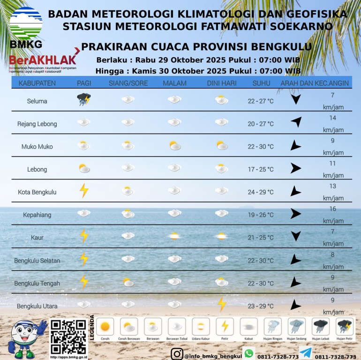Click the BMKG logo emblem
coord(26,23)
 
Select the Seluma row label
coord(37,101)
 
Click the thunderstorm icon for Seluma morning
coord(84,99)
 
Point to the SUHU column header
coord(261,83)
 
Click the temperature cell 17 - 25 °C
coord(261,169)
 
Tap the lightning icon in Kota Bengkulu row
coord(84,190)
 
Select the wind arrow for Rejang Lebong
coord(295,122)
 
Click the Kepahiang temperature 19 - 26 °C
coord(261,215)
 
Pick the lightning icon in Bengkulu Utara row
coord(222,304)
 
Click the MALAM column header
coord(174,83)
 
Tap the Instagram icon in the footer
coord(176,354)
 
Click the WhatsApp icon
coord(249,353)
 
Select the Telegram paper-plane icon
coord(305,353)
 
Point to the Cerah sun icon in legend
coord(105,326)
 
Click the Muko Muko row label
coord(37,146)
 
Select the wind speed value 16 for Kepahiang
coord(333,209)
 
